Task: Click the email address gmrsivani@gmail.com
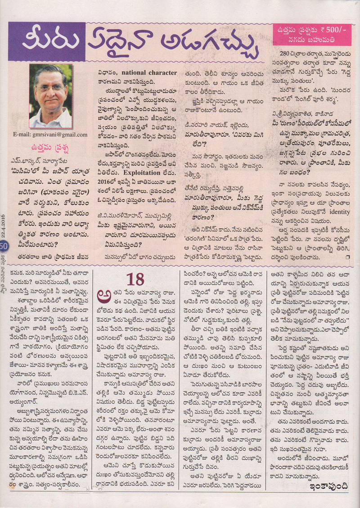pyautogui.click(x=51, y=134)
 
